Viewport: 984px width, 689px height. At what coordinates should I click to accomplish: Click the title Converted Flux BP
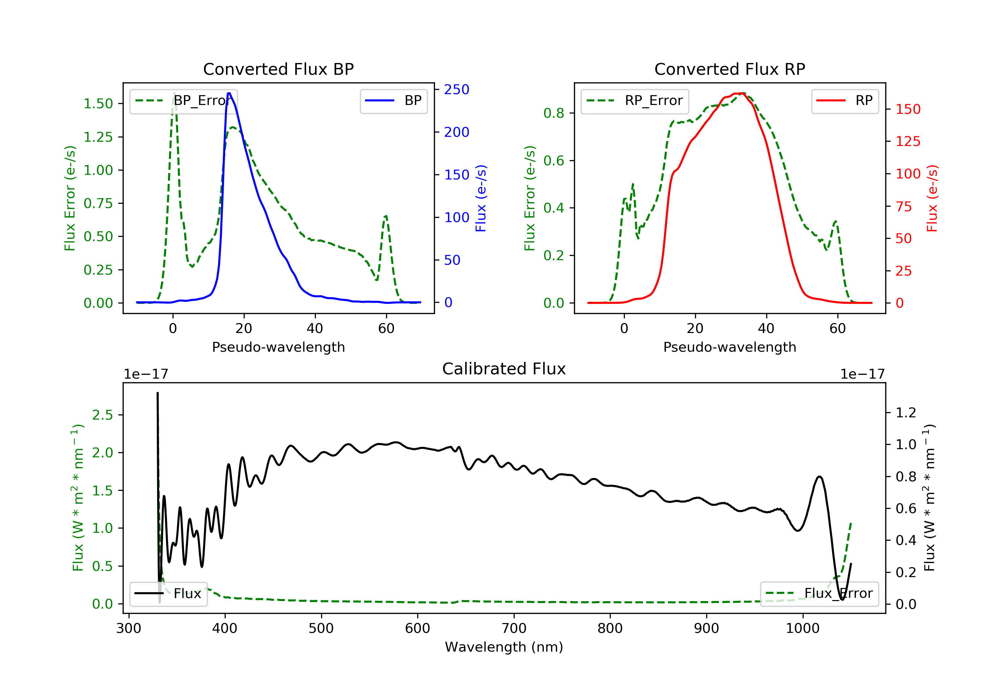click(x=278, y=69)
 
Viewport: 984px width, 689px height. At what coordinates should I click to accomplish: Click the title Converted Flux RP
click(x=729, y=69)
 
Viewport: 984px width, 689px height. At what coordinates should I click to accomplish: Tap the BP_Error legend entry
click(x=183, y=101)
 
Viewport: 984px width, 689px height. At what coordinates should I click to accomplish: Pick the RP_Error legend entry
click(x=635, y=101)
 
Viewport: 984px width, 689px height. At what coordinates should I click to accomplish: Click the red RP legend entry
click(x=845, y=101)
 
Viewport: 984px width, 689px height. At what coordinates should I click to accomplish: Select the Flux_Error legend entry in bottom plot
click(x=819, y=594)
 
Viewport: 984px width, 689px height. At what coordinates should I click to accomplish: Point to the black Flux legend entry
click(x=169, y=594)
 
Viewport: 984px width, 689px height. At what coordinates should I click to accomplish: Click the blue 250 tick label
click(x=457, y=90)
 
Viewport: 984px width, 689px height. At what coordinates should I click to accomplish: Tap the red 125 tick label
click(x=908, y=141)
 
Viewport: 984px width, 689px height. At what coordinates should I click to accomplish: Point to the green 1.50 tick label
click(x=98, y=104)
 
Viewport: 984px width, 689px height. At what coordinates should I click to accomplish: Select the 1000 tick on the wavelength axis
click(x=802, y=629)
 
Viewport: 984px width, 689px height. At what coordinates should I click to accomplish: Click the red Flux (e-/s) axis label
click(x=933, y=198)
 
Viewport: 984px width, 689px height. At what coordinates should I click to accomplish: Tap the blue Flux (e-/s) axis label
click(x=481, y=198)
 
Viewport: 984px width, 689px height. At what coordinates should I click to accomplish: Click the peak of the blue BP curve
click(x=229, y=93)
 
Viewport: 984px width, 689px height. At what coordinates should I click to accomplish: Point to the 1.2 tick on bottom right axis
click(x=906, y=413)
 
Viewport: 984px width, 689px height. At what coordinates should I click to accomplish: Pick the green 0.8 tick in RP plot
click(x=553, y=113)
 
